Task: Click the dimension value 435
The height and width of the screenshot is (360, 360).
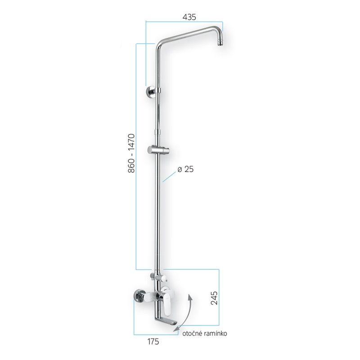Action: click(x=189, y=17)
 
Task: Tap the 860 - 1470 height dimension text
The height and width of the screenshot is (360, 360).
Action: click(x=131, y=153)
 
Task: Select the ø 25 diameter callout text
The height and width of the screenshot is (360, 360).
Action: click(x=185, y=169)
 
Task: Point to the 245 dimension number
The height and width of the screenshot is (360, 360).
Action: click(x=214, y=298)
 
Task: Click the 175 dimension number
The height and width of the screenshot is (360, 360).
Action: click(x=153, y=342)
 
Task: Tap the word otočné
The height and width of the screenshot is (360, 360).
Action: click(x=190, y=333)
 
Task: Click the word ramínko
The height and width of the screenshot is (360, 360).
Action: click(x=214, y=333)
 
